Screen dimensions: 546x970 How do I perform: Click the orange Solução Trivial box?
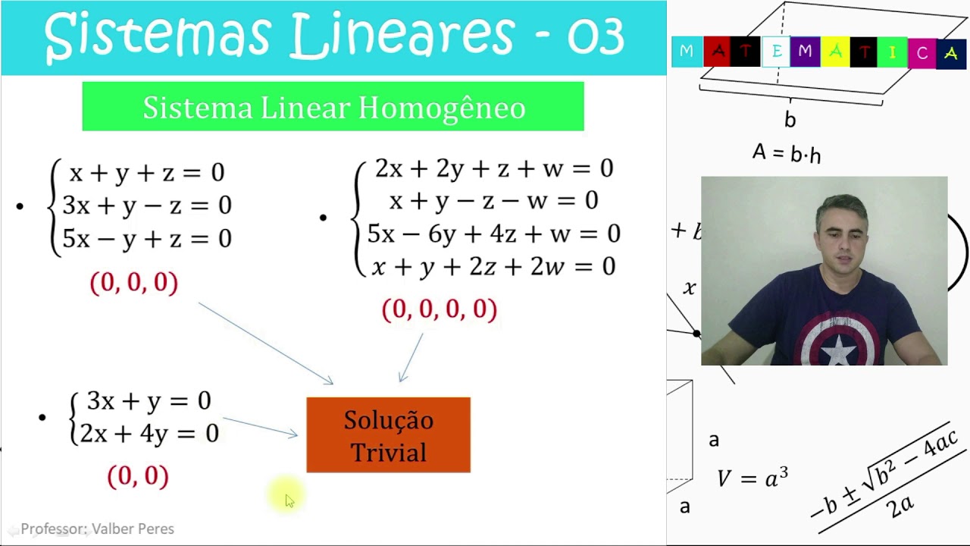click(x=388, y=435)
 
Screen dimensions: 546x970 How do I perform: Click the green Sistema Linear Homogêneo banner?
click(x=333, y=107)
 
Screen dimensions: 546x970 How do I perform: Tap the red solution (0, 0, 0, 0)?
click(x=440, y=309)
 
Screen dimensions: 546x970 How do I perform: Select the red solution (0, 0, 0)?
click(x=134, y=282)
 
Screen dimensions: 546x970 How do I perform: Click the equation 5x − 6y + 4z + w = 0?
click(x=493, y=234)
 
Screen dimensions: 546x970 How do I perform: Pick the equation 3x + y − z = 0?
click(x=147, y=206)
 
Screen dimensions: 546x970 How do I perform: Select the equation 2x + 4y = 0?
click(x=149, y=433)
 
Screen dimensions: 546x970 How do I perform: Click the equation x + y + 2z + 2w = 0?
click(x=493, y=266)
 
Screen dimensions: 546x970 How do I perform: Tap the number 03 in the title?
click(x=596, y=36)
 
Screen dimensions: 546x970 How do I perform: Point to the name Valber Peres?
click(x=133, y=529)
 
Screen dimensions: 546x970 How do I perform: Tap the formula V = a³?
click(x=753, y=478)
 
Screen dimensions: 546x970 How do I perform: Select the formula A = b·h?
click(x=786, y=153)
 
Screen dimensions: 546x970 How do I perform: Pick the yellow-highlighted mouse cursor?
click(x=288, y=497)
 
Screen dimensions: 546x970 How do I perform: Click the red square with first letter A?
click(x=717, y=52)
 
